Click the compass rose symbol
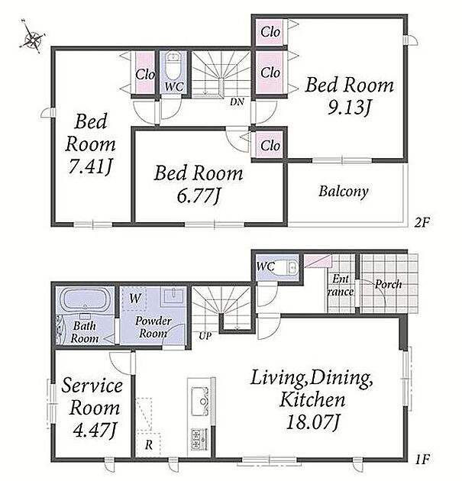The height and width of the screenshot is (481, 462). click(x=32, y=38)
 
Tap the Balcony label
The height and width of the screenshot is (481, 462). click(x=344, y=192)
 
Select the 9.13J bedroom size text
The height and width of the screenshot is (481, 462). click(x=350, y=108)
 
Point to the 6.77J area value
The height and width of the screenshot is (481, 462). click(x=199, y=195)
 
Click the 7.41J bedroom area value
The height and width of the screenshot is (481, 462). click(x=89, y=167)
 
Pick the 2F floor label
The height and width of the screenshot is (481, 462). click(x=422, y=222)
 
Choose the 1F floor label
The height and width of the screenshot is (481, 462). click(x=422, y=459)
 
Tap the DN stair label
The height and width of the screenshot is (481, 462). click(x=237, y=102)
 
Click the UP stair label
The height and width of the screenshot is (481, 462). click(x=205, y=336)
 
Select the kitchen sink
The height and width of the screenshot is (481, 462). click(x=200, y=399)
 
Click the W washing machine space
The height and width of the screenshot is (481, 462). click(x=134, y=299)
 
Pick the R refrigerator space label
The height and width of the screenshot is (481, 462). click(x=149, y=444)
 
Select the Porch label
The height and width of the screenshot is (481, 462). click(x=389, y=284)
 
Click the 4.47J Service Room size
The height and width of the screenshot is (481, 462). click(x=95, y=430)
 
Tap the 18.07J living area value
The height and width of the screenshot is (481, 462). click(x=312, y=422)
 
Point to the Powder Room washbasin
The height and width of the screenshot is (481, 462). click(x=173, y=295)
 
